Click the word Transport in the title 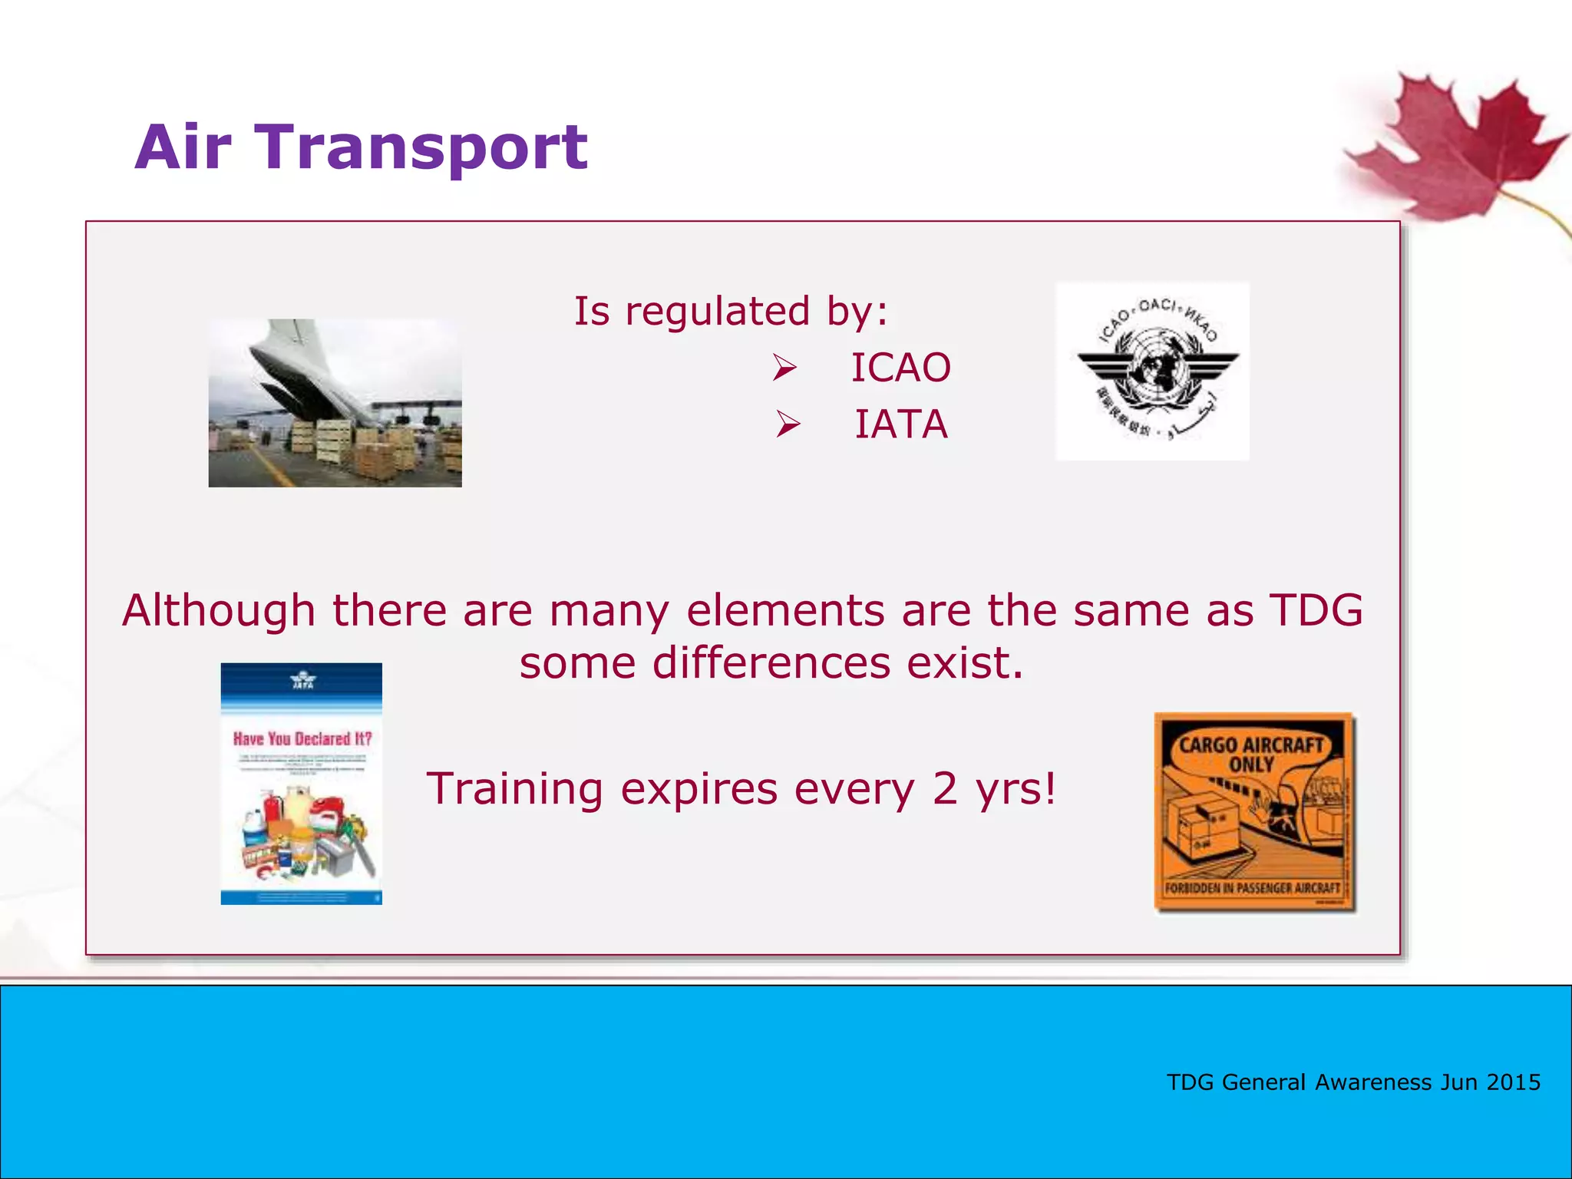[x=421, y=147]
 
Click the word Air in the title [x=183, y=147]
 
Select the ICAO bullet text [x=900, y=368]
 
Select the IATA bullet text [x=901, y=424]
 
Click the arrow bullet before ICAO [x=784, y=368]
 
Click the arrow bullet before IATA [x=787, y=424]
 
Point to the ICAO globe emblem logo [x=1152, y=371]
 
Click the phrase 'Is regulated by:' [x=731, y=312]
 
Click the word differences [x=771, y=663]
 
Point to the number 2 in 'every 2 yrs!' [x=945, y=788]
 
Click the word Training [x=515, y=789]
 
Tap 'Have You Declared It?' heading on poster [x=302, y=738]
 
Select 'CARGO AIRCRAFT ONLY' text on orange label [x=1251, y=755]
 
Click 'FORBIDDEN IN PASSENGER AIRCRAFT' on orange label [x=1252, y=888]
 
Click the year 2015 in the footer [x=1513, y=1082]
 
